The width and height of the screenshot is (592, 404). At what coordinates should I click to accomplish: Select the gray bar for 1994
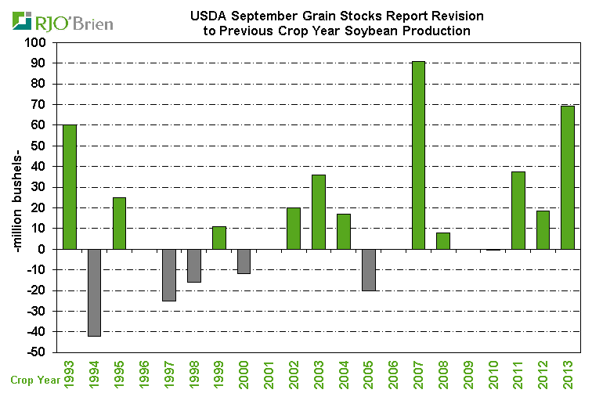coord(94,292)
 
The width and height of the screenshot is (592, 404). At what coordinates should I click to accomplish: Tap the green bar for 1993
coord(70,186)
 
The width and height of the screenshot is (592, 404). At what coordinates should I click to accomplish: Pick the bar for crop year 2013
coord(568,177)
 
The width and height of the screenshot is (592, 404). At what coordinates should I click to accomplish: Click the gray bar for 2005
coord(369,269)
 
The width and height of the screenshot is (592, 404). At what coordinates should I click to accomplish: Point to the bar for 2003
coord(319,211)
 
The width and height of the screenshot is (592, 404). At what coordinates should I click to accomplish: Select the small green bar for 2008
coord(443,240)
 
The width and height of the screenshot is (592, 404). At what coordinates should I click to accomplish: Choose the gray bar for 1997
coord(169,275)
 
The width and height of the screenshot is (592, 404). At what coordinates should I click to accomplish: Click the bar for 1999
coord(219,237)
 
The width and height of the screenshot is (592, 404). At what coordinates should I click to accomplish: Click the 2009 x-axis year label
coord(468,374)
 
